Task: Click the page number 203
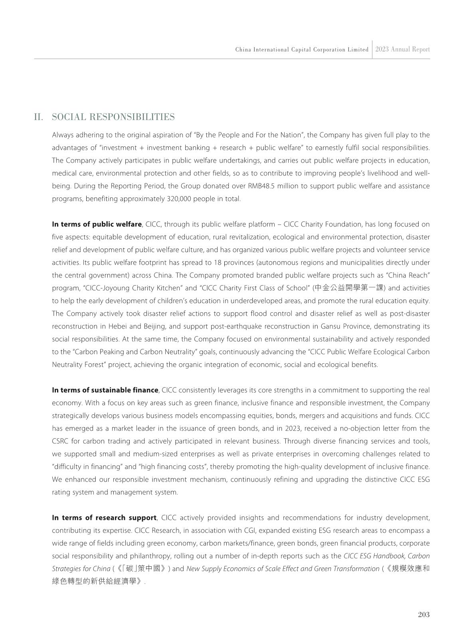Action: coord(424,614)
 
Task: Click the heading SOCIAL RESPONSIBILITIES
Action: coord(113,117)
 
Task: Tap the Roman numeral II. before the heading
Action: coord(39,117)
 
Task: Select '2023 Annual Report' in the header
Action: coord(402,49)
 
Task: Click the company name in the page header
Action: coord(302,50)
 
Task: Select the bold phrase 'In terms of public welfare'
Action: coord(97,224)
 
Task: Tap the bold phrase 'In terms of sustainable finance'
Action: coord(105,390)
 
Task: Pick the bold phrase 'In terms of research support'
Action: coord(104,518)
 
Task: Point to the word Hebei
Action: coord(118,327)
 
